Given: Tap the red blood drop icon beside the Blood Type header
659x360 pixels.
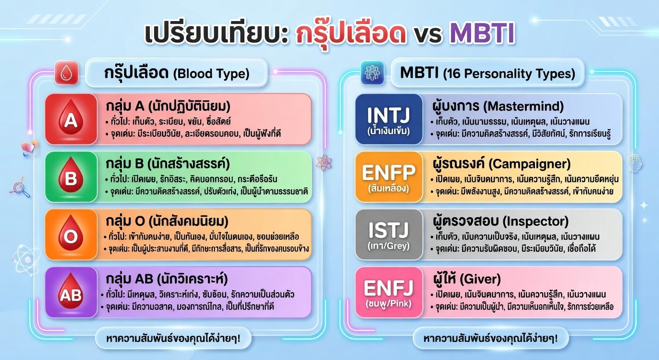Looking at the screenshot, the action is point(67,73).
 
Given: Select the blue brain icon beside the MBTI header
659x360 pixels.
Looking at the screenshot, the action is point(373,73).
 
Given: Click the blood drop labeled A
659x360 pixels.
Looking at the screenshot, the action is point(70,117).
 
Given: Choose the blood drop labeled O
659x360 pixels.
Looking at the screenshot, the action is point(70,233).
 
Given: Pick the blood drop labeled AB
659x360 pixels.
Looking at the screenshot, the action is point(70,291).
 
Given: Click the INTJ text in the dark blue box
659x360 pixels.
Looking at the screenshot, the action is point(388,115).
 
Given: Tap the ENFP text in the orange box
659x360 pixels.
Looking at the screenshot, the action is point(388,172).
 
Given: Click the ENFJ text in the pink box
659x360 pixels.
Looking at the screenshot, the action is point(388,288).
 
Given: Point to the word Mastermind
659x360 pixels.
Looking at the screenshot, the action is point(523,106).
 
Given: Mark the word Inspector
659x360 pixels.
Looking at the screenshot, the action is point(535,222).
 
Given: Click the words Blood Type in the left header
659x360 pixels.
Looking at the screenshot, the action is point(211,74).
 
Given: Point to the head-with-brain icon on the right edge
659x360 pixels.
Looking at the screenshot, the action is point(635,163).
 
